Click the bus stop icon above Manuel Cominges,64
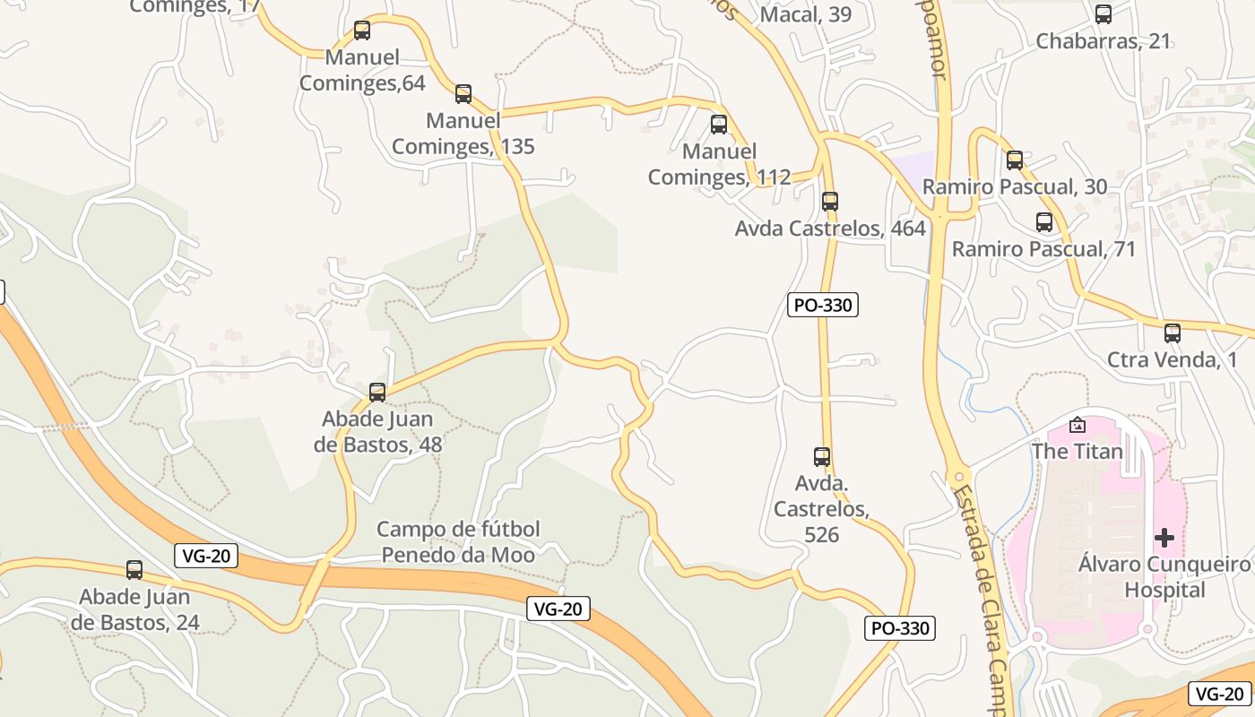(x=362, y=30)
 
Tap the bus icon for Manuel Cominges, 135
(x=463, y=93)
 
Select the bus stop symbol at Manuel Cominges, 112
(x=719, y=125)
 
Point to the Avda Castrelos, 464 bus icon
(x=830, y=201)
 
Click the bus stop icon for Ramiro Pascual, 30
(x=1015, y=160)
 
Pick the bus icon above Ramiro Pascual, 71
(x=1044, y=222)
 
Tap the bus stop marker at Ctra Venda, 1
(x=1173, y=333)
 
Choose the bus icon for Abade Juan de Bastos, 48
(x=377, y=392)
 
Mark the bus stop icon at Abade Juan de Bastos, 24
(x=134, y=569)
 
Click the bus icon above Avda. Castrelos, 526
(x=822, y=456)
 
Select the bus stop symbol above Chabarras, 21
(x=1104, y=14)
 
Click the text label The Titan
(x=1077, y=451)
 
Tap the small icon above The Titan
(x=1078, y=425)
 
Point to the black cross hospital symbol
(x=1164, y=538)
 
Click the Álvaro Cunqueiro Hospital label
(x=1164, y=577)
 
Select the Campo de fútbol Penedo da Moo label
(x=458, y=541)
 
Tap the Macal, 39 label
(x=805, y=14)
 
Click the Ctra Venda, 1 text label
(x=1172, y=360)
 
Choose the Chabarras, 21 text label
(x=1103, y=41)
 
